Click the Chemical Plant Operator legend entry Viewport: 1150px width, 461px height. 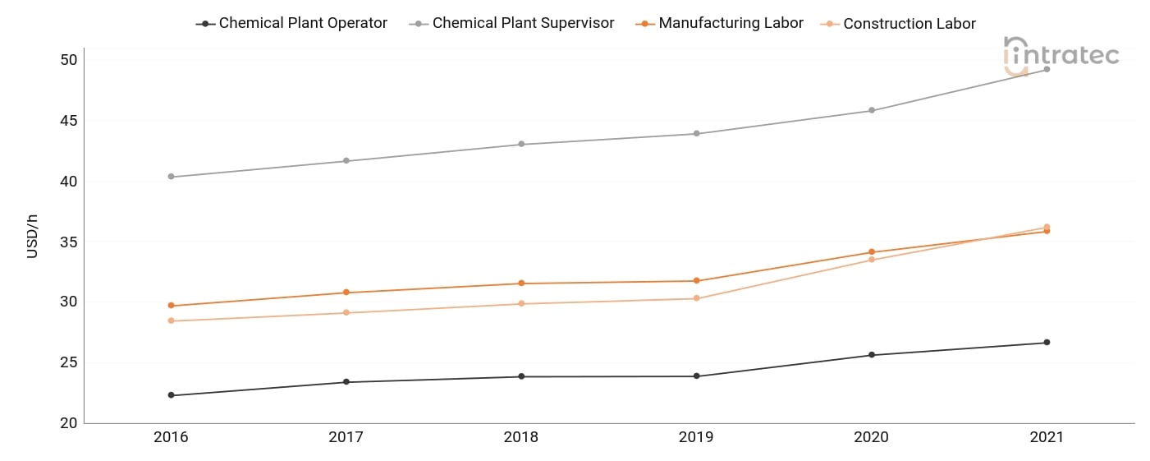point(291,23)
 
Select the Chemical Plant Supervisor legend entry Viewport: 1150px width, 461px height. point(512,23)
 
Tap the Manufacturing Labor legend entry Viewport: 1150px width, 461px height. point(719,23)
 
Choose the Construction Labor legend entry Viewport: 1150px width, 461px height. point(898,24)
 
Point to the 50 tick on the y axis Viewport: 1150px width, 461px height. point(69,60)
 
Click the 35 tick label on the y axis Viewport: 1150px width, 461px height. point(69,242)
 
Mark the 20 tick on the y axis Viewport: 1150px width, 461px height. point(69,423)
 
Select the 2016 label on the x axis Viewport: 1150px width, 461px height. point(171,437)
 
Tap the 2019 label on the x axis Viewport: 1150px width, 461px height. point(696,437)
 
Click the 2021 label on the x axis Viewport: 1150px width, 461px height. point(1047,437)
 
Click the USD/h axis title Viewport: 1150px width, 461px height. point(32,237)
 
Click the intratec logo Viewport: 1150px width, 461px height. point(1061,56)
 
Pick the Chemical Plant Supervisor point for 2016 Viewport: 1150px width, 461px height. point(171,177)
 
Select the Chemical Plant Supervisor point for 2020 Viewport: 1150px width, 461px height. point(872,110)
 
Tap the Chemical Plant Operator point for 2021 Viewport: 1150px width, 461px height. point(1047,343)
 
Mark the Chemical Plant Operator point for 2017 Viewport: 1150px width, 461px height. point(346,382)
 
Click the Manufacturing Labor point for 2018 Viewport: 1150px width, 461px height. point(521,284)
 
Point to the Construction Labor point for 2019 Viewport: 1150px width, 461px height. point(697,298)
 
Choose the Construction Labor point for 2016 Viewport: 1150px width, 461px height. point(171,320)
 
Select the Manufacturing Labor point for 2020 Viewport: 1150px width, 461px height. point(872,251)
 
